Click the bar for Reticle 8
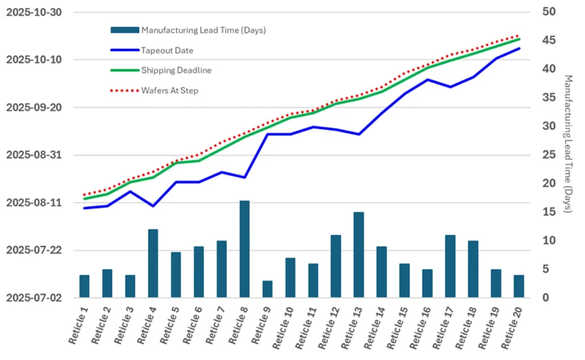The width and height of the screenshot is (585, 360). [245, 249]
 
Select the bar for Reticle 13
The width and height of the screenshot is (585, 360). [359, 255]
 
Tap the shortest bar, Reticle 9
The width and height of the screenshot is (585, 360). [267, 289]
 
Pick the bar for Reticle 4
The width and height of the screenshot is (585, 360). [153, 263]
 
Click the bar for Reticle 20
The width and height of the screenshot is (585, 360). [519, 286]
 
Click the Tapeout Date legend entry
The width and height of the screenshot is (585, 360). [167, 50]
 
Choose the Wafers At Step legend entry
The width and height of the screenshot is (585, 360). [170, 90]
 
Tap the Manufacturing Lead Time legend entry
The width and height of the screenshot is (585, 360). [203, 30]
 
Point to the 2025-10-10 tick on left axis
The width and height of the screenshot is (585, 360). [34, 60]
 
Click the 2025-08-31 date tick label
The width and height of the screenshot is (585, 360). [34, 155]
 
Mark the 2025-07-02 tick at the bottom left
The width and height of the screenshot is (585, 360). [34, 298]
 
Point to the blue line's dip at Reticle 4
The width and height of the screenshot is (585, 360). [153, 206]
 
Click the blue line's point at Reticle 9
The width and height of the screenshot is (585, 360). [267, 134]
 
